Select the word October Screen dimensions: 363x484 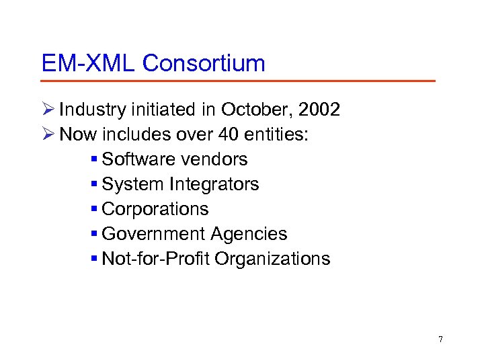click(x=249, y=110)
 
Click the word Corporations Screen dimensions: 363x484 click(x=155, y=209)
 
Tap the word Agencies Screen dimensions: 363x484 click(x=249, y=234)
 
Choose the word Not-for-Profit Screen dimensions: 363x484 click(x=156, y=259)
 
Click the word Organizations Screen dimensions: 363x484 click(x=273, y=259)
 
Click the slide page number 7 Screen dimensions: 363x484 click(x=440, y=339)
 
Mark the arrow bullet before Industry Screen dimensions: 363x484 click(x=47, y=110)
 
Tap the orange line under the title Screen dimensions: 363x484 click(x=238, y=81)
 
